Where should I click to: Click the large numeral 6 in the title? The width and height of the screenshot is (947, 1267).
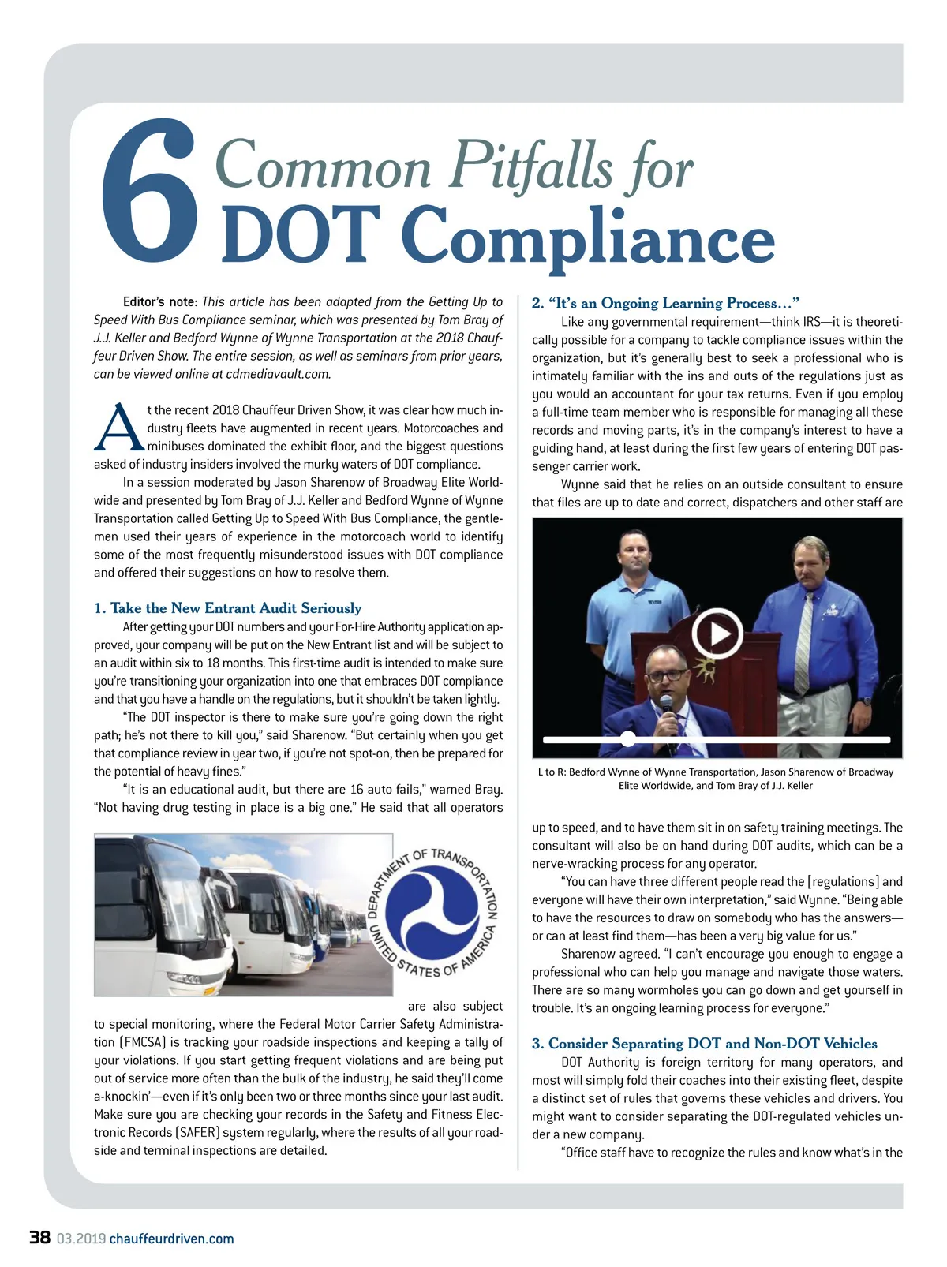click(x=149, y=193)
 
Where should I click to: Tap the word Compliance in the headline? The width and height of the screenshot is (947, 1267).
click(x=588, y=237)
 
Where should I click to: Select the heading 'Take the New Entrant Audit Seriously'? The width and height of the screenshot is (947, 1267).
click(x=227, y=607)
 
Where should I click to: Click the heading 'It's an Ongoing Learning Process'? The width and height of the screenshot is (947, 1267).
click(x=665, y=303)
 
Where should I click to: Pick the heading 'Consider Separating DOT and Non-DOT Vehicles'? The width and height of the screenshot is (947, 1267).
click(x=704, y=1043)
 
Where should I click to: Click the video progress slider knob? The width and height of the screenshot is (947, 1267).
click(x=627, y=739)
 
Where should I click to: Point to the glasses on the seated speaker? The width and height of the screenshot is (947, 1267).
click(x=668, y=675)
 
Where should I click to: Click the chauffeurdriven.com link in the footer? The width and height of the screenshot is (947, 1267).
click(x=171, y=1239)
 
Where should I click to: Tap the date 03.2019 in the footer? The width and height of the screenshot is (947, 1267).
click(x=80, y=1239)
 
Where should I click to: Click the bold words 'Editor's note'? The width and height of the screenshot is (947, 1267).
click(x=159, y=301)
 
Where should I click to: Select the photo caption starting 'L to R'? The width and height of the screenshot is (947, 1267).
click(x=716, y=778)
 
